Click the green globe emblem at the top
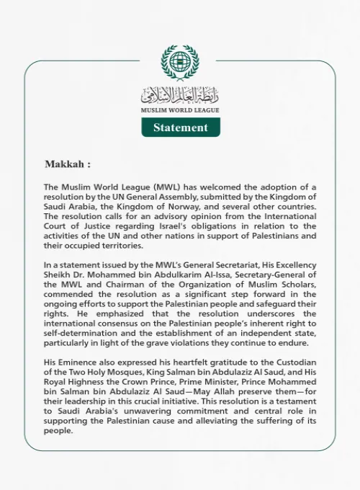[180, 63]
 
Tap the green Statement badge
[180, 128]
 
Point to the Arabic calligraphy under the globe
[180, 94]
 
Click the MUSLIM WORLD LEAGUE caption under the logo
[180, 110]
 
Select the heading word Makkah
[63, 164]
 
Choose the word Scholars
[295, 284]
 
